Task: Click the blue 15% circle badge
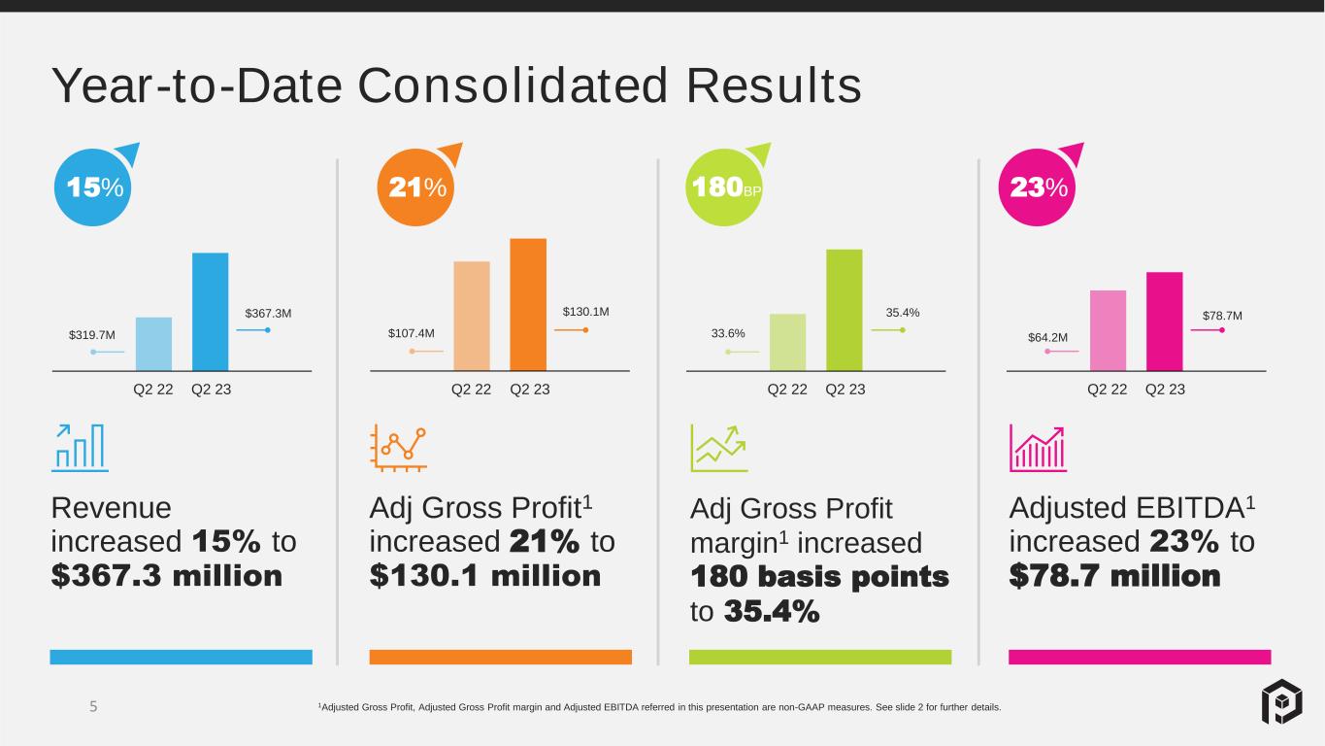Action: [93, 187]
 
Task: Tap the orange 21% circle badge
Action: [415, 187]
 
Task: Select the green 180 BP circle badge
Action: [724, 187]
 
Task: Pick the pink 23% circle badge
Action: [1037, 187]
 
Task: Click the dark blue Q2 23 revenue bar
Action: [210, 312]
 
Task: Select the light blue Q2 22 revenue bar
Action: [153, 344]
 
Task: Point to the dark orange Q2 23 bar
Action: [528, 305]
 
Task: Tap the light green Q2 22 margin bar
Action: [787, 342]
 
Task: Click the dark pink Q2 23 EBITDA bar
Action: [1164, 322]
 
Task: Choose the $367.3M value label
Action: [268, 313]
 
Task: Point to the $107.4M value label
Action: [412, 333]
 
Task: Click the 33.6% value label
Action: [728, 333]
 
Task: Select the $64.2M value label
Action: [1047, 337]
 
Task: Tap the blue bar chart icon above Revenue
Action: [80, 448]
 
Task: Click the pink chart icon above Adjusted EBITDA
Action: [1038, 448]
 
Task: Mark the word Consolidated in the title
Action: [513, 85]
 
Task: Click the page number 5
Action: [93, 706]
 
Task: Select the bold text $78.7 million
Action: [1114, 575]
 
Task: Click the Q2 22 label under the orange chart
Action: [471, 390]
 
